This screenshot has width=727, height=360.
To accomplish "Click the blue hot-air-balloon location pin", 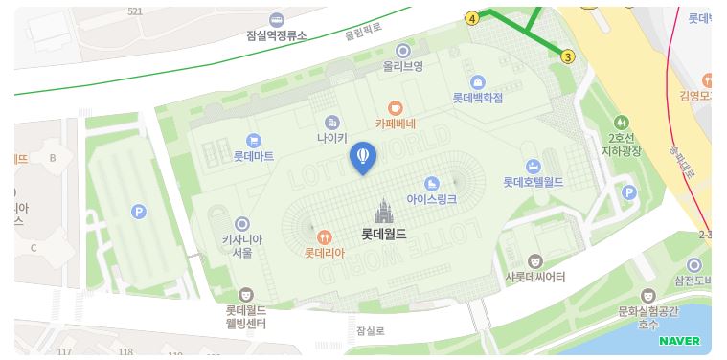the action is [x=363, y=157].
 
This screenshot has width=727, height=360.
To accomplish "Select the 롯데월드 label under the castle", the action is [x=383, y=233].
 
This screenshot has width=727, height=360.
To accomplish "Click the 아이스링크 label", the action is [x=431, y=199].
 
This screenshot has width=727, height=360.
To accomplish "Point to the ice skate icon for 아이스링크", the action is [x=431, y=182].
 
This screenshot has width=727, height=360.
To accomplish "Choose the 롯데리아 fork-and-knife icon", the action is [x=325, y=236].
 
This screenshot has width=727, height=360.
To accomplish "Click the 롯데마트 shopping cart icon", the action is [x=253, y=140].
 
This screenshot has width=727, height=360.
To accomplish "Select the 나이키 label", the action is [x=331, y=138].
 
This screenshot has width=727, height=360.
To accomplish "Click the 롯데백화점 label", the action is [x=477, y=98].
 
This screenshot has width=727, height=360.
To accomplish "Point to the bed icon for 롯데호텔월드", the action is [x=533, y=167].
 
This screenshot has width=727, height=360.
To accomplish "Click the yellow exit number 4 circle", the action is [x=472, y=18].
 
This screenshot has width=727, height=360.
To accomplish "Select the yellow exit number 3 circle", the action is [x=568, y=56].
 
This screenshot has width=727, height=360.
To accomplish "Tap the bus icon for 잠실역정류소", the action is [x=277, y=19].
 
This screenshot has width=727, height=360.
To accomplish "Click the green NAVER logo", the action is [x=679, y=341].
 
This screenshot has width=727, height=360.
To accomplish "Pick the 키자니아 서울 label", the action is [x=242, y=246].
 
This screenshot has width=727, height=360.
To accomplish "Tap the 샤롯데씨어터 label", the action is [x=535, y=277].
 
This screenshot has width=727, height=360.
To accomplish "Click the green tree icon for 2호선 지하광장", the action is [x=623, y=123].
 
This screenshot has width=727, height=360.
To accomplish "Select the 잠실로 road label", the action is [x=370, y=331].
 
